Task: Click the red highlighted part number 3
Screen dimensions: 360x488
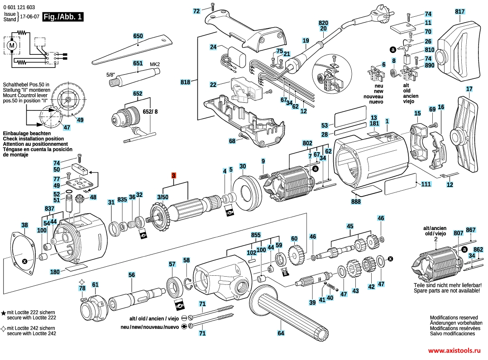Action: tap(173, 176)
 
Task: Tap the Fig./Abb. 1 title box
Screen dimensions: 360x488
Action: tap(63, 17)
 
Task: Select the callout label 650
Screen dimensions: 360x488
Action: tap(138, 36)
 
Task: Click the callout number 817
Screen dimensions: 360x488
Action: tap(460, 11)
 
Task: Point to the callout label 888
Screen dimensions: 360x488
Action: tap(356, 202)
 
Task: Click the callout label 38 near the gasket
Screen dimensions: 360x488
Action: tap(24, 225)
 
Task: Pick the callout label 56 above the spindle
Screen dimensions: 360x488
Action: tap(132, 274)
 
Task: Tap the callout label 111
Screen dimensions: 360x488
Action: tap(426, 184)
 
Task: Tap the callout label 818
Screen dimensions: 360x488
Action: tap(185, 82)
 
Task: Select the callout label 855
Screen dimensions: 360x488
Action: tap(256, 235)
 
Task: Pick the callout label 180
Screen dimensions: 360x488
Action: tap(55, 272)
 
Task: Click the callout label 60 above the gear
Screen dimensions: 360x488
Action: tap(294, 239)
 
